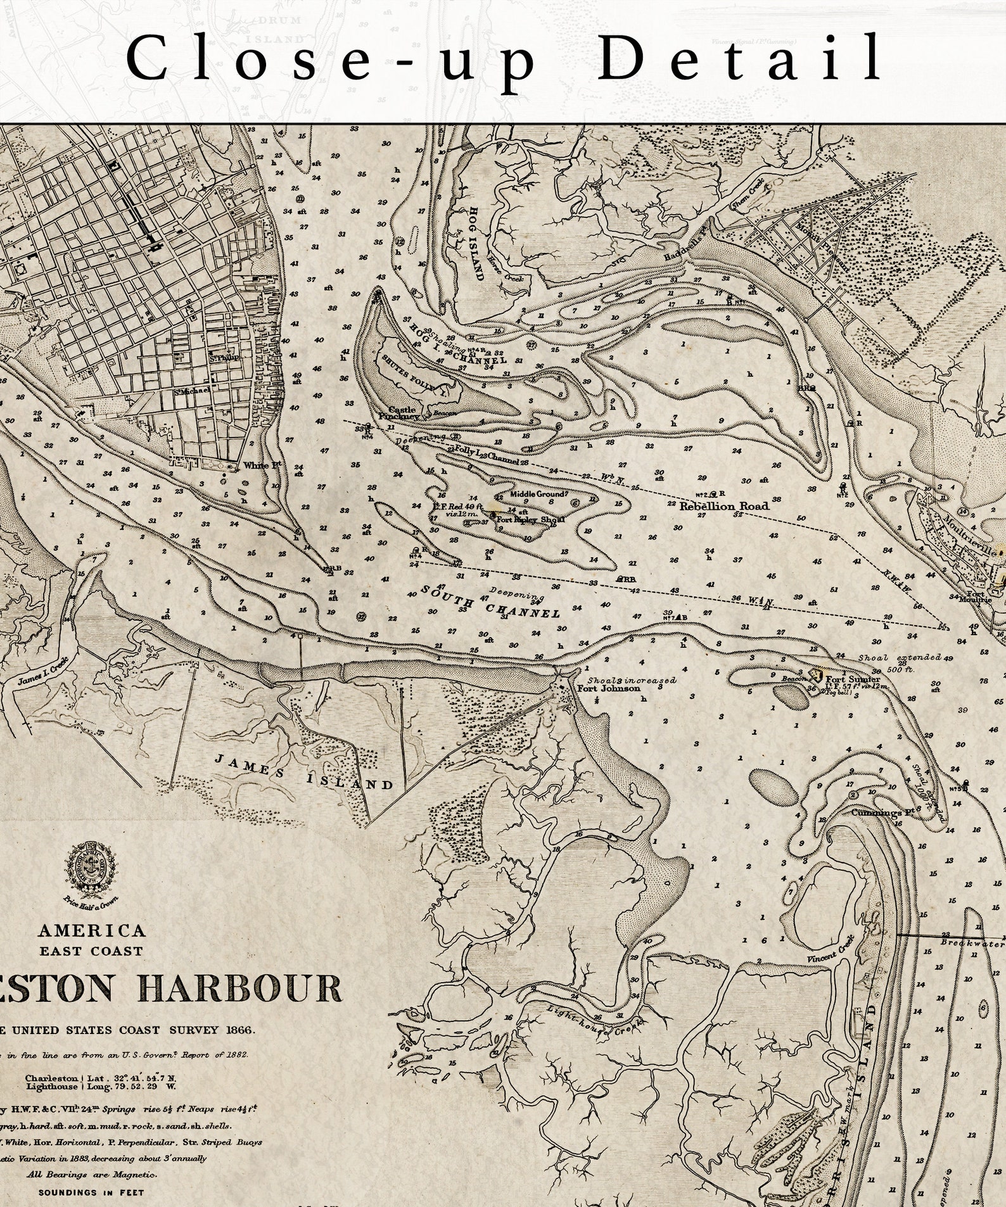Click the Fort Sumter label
(853, 679)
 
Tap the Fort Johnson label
(608, 688)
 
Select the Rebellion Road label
(724, 506)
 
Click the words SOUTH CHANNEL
(491, 602)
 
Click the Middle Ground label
(539, 494)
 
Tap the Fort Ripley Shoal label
(530, 519)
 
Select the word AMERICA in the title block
(92, 930)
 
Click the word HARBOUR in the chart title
(241, 988)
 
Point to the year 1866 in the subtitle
(238, 1030)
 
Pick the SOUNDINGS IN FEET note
(91, 1192)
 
